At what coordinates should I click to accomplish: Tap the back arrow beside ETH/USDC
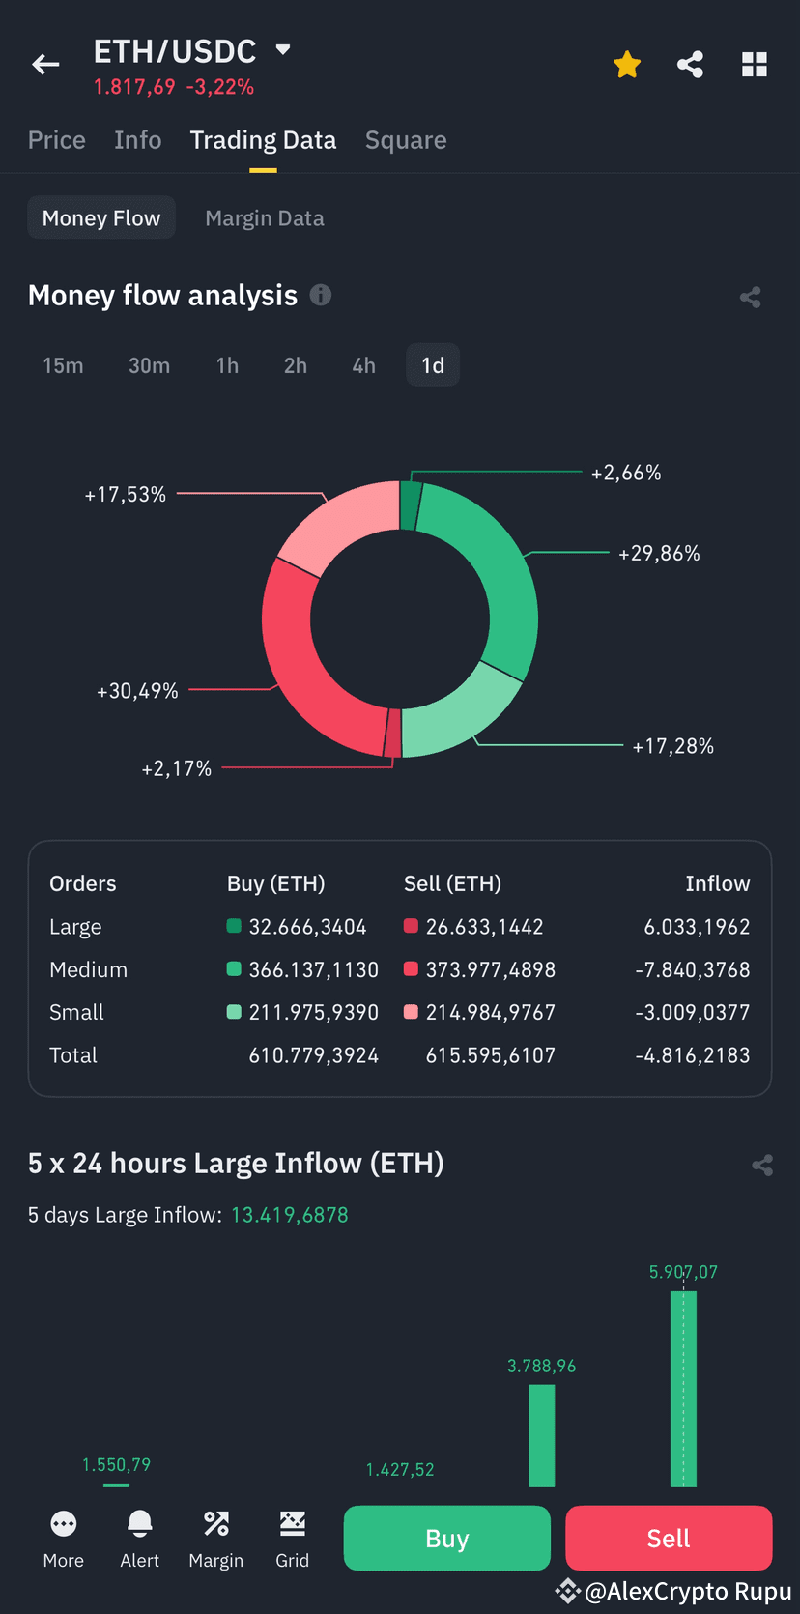45,65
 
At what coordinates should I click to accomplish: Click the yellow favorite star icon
627,65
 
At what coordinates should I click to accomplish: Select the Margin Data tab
264,218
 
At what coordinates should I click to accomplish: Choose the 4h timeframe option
363,365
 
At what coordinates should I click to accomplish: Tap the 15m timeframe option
63,365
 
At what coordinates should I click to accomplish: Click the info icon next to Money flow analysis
321,295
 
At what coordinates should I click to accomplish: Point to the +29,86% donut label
659,554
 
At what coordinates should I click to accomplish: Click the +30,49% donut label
137,691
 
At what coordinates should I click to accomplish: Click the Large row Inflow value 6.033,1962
697,927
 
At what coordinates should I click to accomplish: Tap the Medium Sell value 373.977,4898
490,969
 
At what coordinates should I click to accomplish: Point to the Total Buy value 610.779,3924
313,1055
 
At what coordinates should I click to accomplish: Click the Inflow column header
717,883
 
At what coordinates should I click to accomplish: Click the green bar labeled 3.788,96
541,1435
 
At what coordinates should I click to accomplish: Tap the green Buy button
446,1538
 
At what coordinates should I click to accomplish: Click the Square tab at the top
406,140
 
